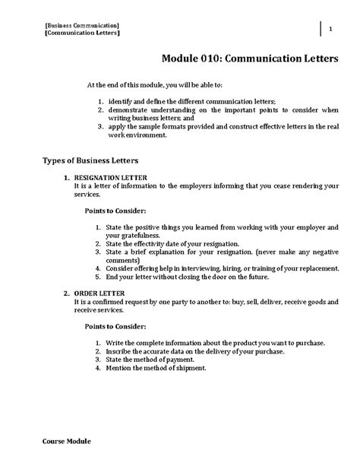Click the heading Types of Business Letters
[x=92, y=160]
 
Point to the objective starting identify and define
[x=202, y=101]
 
